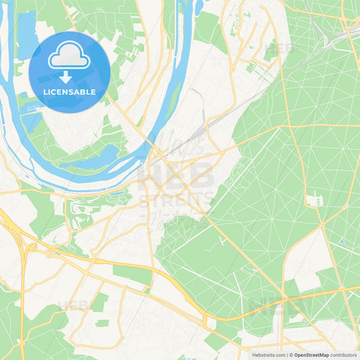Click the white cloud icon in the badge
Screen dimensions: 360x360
pyautogui.click(x=70, y=55)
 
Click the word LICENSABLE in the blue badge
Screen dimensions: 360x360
pyautogui.click(x=70, y=92)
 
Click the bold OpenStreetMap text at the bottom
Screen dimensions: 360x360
pyautogui.click(x=311, y=355)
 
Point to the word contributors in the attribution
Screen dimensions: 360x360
pyautogui.click(x=344, y=355)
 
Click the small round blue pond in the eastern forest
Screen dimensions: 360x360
pyautogui.click(x=342, y=241)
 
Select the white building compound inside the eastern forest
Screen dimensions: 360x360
pyautogui.click(x=313, y=201)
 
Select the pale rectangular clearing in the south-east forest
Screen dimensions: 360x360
pyautogui.click(x=307, y=280)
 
